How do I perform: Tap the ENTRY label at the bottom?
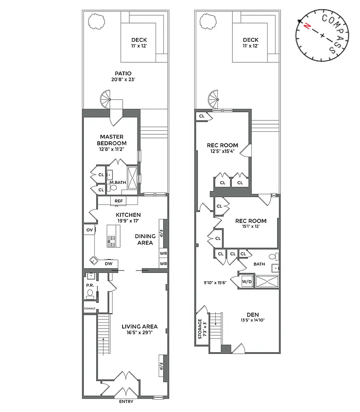coord(127,401)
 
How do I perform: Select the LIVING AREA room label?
coord(140,327)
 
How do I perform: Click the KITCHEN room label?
coord(128,215)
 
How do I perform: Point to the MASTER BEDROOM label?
coord(113,140)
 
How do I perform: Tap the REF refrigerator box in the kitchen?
coord(118,201)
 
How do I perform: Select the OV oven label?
coord(89,230)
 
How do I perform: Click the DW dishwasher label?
coord(109,264)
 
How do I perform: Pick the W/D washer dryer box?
coord(247,281)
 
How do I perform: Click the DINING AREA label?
coord(145,239)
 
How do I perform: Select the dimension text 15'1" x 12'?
coord(250,226)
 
